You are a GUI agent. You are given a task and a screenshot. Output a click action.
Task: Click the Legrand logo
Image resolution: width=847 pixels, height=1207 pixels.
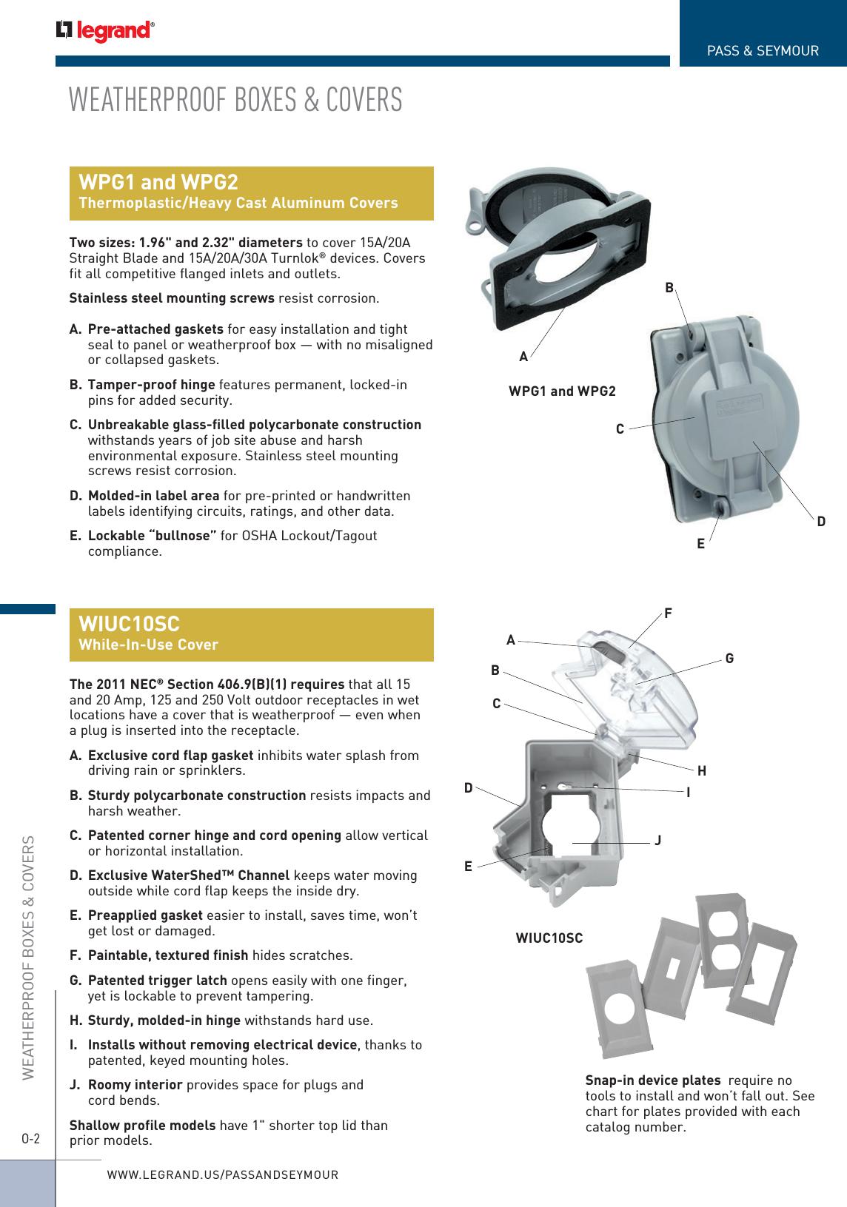(x=105, y=30)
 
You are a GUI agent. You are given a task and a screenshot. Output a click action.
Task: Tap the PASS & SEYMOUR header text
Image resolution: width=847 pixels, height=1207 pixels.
(x=763, y=51)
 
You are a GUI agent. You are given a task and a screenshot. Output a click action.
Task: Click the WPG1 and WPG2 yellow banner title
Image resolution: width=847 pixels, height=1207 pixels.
(x=158, y=182)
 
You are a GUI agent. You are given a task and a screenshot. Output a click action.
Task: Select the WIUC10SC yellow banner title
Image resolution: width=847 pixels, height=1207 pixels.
(x=130, y=624)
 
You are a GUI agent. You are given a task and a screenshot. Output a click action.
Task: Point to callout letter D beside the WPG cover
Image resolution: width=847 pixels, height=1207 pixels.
(x=821, y=522)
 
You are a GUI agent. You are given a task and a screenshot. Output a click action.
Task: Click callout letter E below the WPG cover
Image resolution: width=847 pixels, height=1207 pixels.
(x=700, y=544)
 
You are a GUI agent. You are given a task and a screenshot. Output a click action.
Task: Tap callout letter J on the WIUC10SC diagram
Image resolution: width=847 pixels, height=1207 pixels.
(x=657, y=841)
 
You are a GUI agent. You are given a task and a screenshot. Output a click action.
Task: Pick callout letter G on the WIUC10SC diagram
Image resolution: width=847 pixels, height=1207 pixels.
(x=729, y=659)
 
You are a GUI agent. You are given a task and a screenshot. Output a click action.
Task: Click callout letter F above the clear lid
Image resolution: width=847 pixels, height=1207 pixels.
(x=668, y=613)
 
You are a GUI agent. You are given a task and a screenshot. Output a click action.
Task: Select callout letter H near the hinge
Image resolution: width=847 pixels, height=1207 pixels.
(x=702, y=771)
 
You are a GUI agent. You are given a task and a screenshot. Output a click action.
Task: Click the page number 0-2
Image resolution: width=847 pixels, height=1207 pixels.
(x=31, y=1139)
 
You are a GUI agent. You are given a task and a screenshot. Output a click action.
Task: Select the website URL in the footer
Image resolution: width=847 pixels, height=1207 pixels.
(x=223, y=1174)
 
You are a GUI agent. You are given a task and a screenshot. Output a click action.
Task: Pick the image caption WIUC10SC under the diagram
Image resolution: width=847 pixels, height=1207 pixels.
(x=549, y=938)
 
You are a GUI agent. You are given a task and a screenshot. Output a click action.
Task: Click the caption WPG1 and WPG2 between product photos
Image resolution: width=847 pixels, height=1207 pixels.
(x=562, y=391)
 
